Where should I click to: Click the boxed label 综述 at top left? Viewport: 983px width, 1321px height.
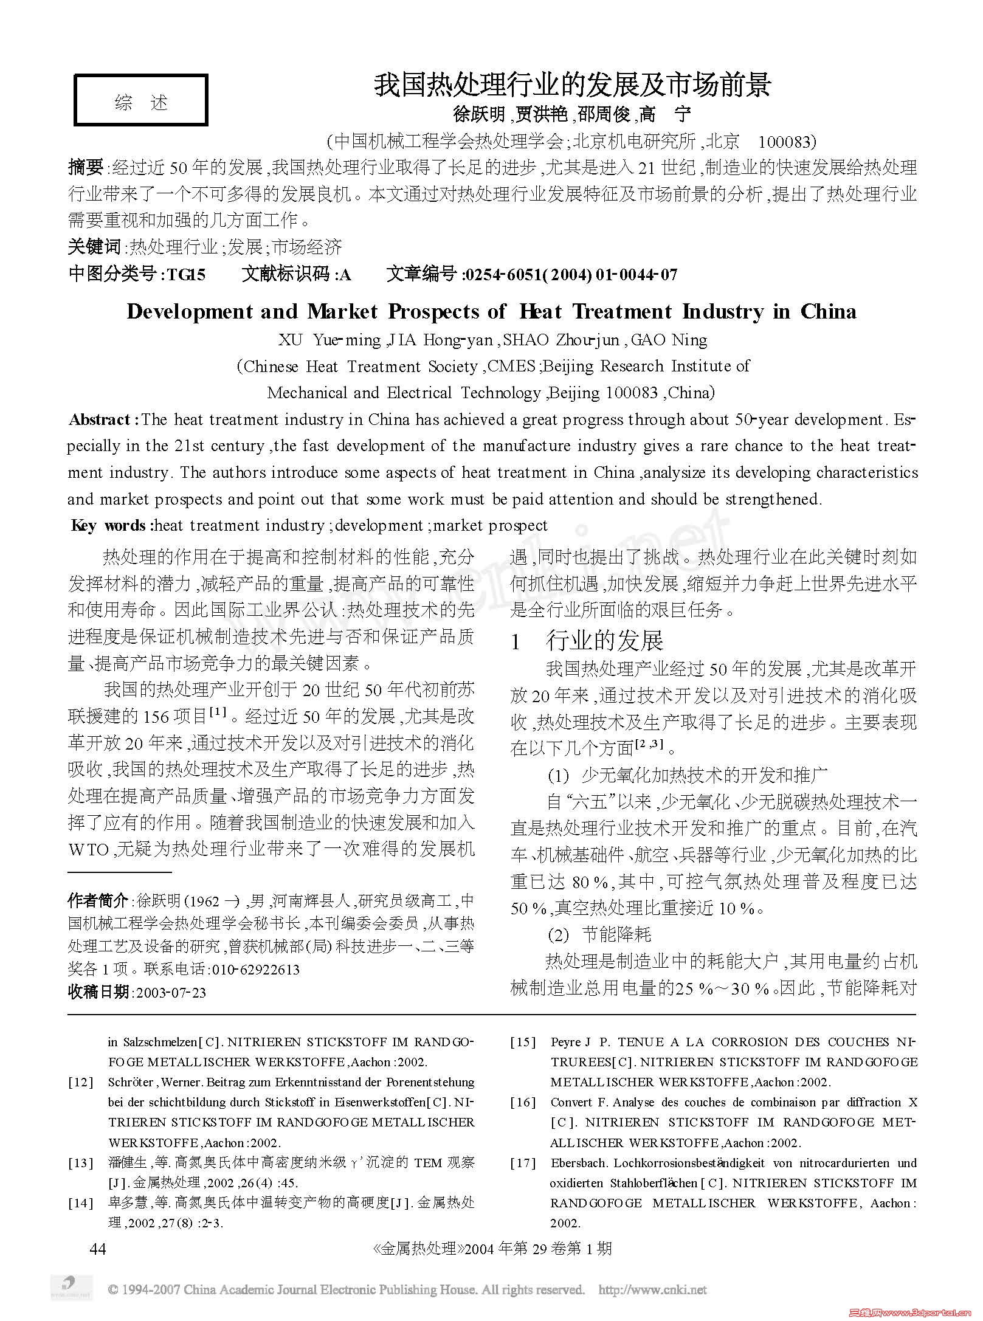[140, 102]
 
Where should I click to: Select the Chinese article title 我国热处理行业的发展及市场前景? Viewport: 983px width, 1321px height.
[572, 85]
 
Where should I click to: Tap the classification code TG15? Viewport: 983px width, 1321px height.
[187, 275]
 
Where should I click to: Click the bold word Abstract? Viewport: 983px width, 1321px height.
[100, 419]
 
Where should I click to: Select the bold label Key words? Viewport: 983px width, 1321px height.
[108, 525]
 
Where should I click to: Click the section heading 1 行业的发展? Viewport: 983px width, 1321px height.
[587, 640]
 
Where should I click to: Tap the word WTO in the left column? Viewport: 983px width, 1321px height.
[88, 849]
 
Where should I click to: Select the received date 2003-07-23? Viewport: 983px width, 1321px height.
[171, 993]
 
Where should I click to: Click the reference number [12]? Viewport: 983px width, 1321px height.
[80, 1082]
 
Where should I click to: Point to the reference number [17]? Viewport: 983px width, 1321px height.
[523, 1163]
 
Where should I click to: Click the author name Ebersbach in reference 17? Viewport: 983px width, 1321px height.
[579, 1163]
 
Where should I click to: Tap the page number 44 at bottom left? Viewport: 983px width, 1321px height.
[98, 1249]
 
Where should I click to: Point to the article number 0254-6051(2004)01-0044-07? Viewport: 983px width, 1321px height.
[570, 275]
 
